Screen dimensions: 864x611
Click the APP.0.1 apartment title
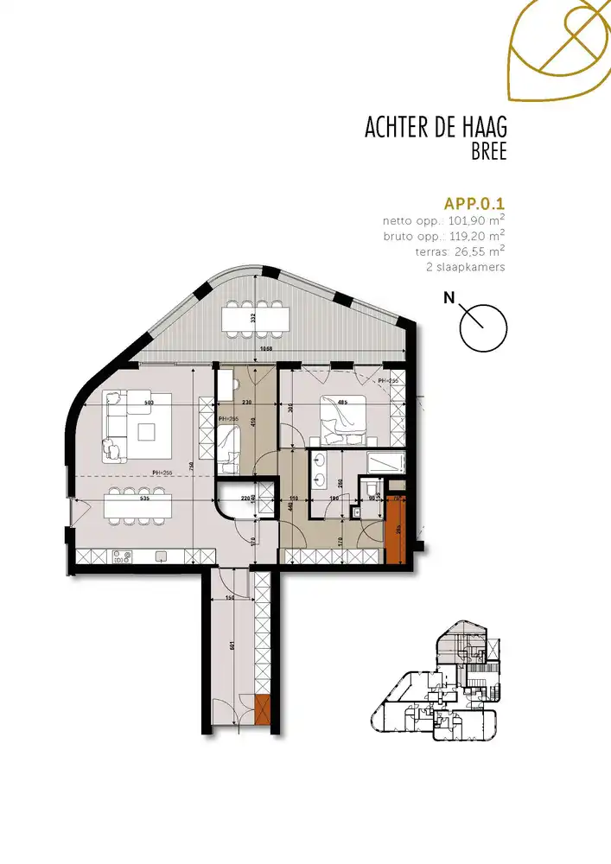point(474,205)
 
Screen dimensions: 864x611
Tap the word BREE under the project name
point(487,152)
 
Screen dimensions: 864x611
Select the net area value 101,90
point(463,220)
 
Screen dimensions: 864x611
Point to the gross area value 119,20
point(463,235)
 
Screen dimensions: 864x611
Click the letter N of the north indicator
point(449,299)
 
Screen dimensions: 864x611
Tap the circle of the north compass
point(484,327)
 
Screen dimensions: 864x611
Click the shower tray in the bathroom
point(385,462)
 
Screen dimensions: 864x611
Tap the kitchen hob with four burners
point(118,556)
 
